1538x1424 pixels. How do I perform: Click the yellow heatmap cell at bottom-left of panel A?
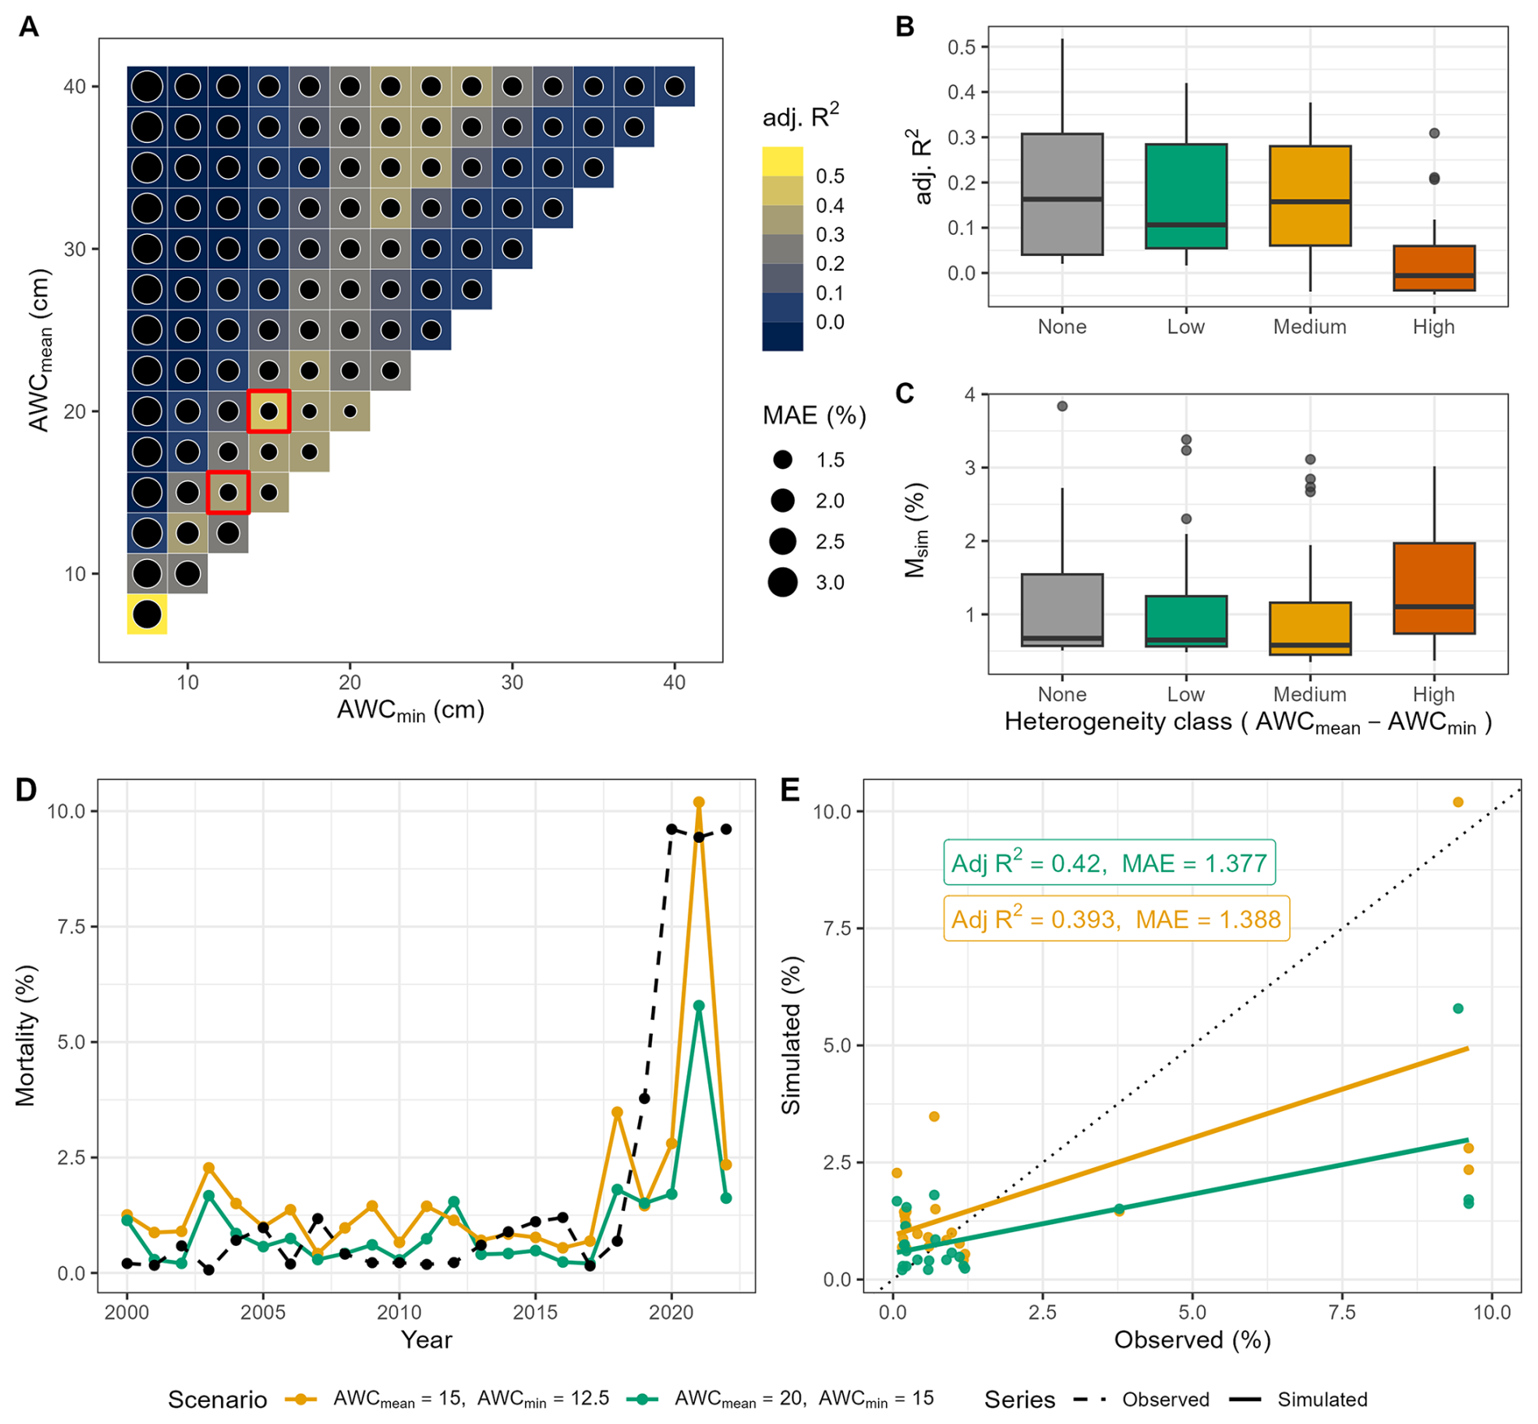point(147,614)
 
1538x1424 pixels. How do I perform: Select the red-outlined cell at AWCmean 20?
point(269,411)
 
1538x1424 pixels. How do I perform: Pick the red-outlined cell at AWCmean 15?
point(228,493)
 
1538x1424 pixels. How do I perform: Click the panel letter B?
point(905,27)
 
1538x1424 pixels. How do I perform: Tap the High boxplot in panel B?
point(1434,268)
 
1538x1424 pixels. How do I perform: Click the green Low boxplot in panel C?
point(1186,621)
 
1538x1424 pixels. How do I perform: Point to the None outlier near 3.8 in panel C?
point(1062,406)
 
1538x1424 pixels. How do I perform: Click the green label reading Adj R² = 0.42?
point(1109,862)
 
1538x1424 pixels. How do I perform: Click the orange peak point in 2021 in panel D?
point(698,802)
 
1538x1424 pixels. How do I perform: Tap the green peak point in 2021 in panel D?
point(698,1005)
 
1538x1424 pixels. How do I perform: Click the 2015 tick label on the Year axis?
point(535,1313)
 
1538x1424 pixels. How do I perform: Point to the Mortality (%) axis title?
point(26,1035)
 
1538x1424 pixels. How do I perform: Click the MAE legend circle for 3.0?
point(783,582)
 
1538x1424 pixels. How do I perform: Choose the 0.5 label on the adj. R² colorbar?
point(830,176)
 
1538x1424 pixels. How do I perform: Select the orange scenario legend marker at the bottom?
point(301,1400)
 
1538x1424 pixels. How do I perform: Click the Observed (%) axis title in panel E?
point(1192,1340)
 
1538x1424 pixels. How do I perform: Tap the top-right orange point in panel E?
point(1458,802)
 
